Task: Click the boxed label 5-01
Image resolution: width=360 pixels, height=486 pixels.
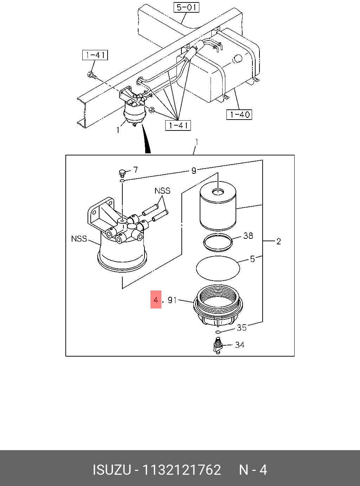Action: (x=187, y=7)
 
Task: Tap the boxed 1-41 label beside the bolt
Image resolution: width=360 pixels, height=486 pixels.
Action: (x=95, y=55)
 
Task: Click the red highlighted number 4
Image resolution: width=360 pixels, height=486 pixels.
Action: (x=156, y=300)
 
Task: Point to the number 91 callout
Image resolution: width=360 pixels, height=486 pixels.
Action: (x=172, y=300)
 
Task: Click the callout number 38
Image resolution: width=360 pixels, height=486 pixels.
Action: (x=248, y=236)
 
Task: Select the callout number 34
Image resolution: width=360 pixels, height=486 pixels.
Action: (x=240, y=345)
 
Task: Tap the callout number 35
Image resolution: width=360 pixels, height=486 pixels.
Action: (x=242, y=328)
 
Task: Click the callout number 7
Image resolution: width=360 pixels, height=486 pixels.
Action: (x=135, y=170)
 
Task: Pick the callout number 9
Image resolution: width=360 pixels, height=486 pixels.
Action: (x=194, y=171)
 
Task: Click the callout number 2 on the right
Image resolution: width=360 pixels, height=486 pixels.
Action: (x=278, y=242)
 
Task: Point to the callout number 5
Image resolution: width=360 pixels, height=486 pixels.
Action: (x=252, y=259)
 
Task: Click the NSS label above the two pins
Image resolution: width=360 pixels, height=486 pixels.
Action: (x=162, y=191)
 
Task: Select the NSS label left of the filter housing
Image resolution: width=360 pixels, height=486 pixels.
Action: (x=79, y=239)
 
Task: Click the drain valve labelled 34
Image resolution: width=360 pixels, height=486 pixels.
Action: (x=218, y=345)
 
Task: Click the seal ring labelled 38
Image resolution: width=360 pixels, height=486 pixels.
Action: (x=218, y=242)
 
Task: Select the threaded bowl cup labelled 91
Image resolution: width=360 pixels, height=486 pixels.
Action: (x=218, y=304)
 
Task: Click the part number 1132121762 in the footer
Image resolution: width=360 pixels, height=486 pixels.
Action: (x=181, y=470)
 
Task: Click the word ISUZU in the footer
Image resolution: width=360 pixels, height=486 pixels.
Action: (x=112, y=470)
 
